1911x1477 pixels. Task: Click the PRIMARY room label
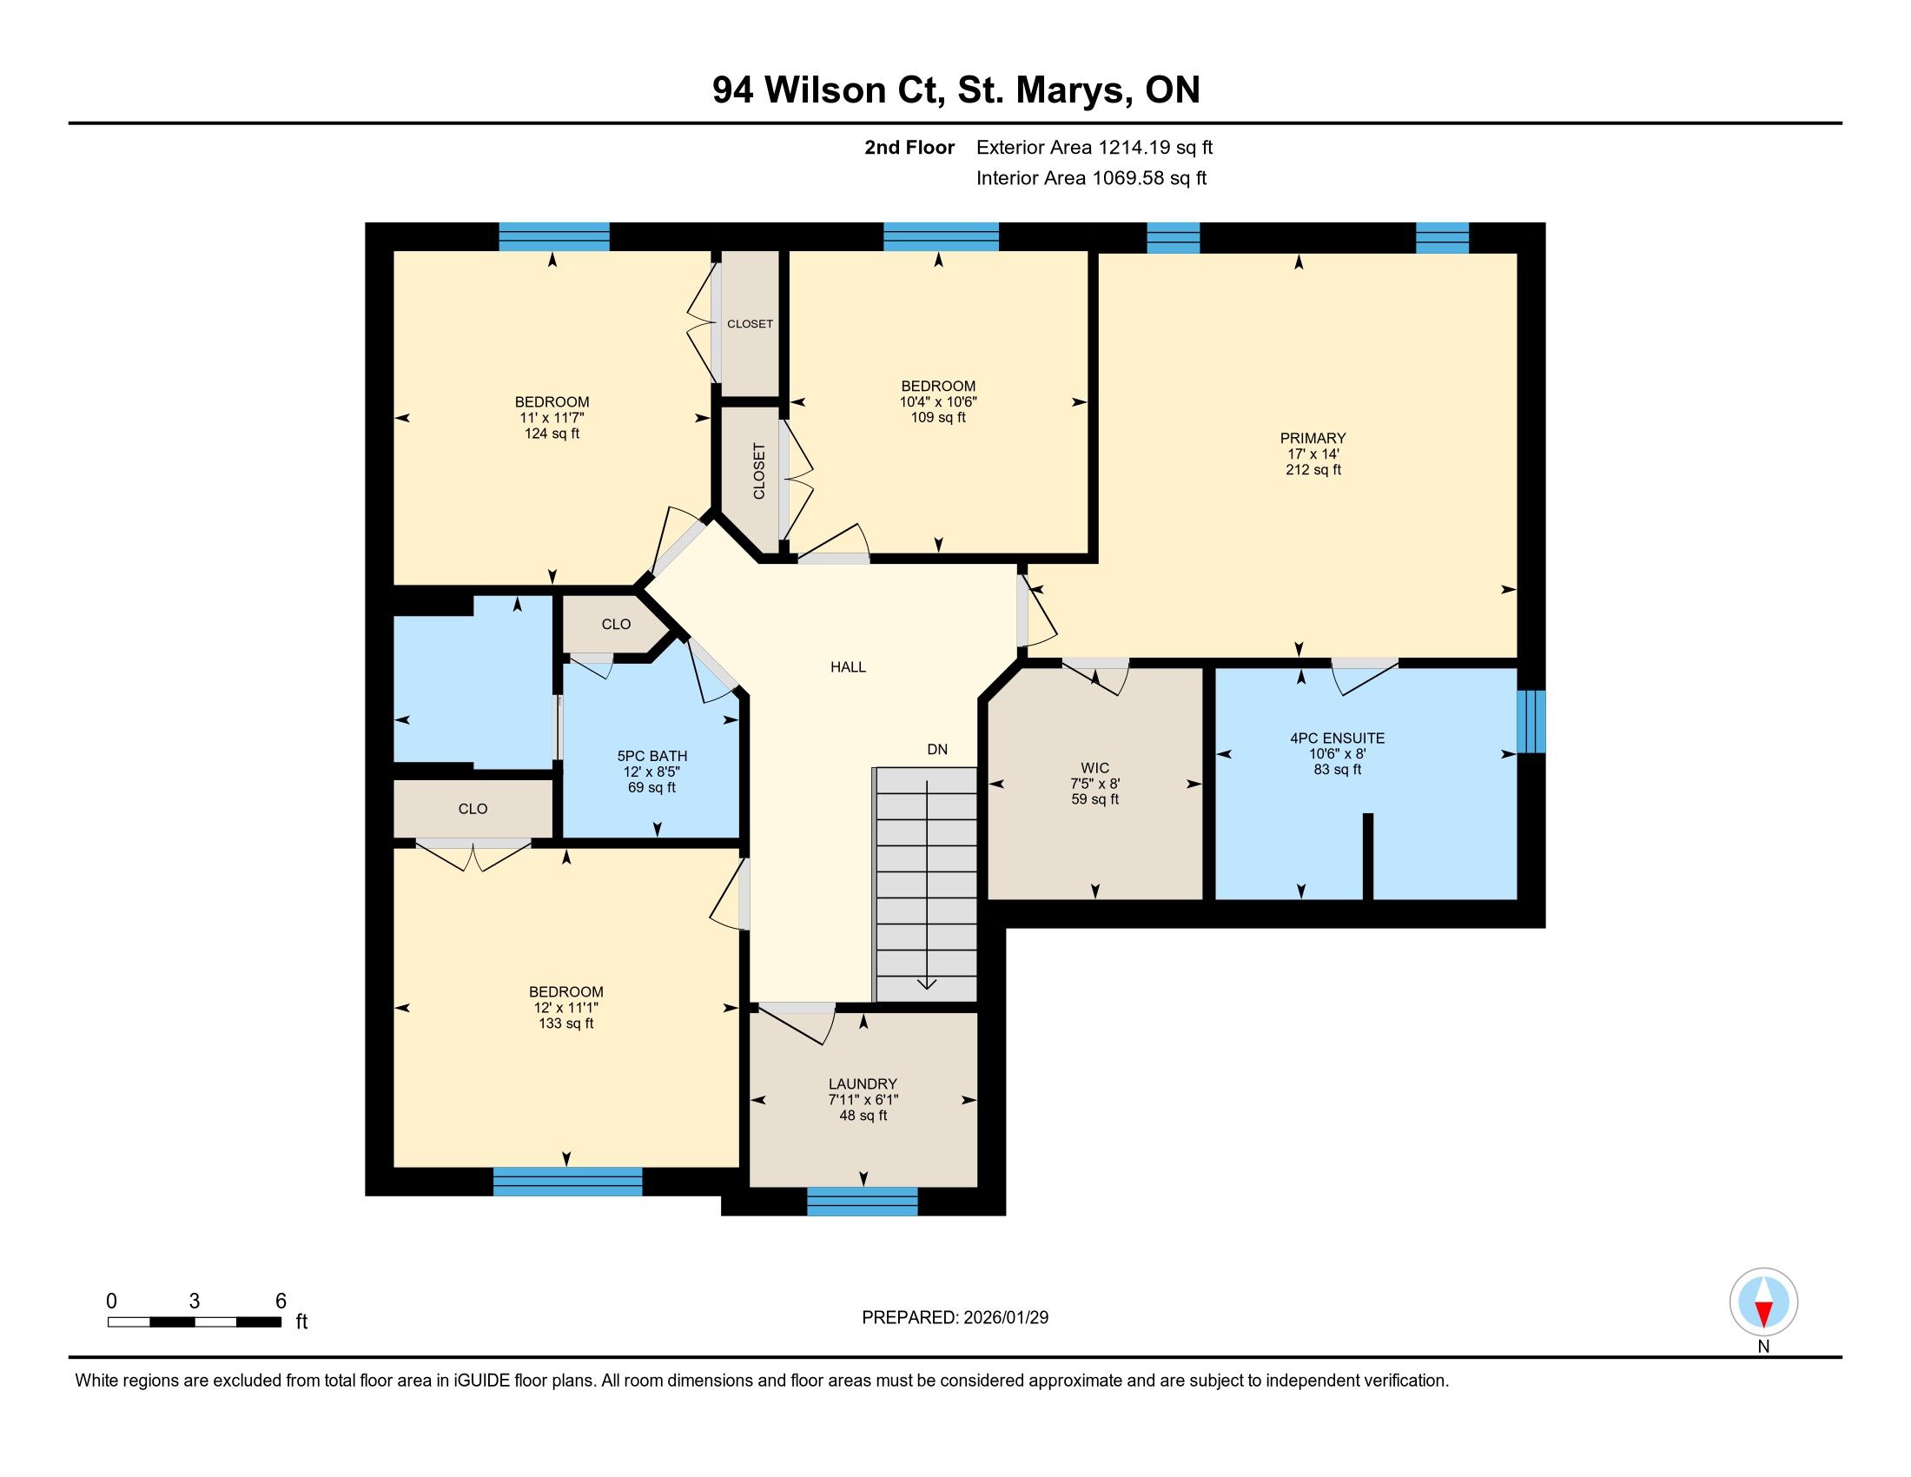(1313, 439)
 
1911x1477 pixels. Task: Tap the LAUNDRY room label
(863, 1084)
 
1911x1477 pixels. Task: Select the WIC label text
(1094, 768)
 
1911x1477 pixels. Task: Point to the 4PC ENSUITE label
(1337, 738)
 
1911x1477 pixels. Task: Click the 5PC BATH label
(651, 756)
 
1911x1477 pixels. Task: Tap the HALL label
(848, 666)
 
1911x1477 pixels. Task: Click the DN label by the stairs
(937, 749)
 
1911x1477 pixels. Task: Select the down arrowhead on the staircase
(927, 984)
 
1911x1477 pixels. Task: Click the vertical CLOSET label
(758, 472)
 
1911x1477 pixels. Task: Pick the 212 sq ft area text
(1313, 470)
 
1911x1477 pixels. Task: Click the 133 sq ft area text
(566, 1023)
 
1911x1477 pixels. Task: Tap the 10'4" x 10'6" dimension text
(938, 401)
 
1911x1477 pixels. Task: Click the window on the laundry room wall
(862, 1202)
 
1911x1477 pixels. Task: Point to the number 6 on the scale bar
(281, 1301)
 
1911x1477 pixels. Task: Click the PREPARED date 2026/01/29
(1003, 1318)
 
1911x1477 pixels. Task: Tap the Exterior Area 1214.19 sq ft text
(1094, 147)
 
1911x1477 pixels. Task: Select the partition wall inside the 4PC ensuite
(1368, 857)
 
